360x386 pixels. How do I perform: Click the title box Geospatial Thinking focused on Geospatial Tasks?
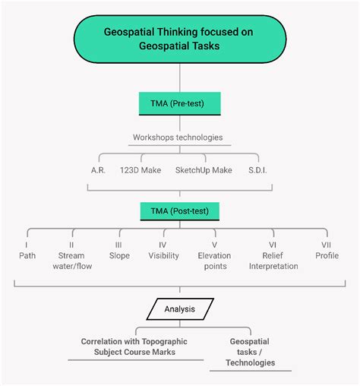pyautogui.click(x=180, y=39)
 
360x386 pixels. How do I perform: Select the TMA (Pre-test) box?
pyautogui.click(x=180, y=103)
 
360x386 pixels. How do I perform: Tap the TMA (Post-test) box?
pyautogui.click(x=180, y=211)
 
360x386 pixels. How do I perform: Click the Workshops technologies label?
pyautogui.click(x=178, y=138)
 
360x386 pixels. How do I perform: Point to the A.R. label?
pyautogui.click(x=98, y=170)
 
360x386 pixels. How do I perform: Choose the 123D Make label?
pyautogui.click(x=141, y=170)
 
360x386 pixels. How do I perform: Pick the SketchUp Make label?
pyautogui.click(x=204, y=170)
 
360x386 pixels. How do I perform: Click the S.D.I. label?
pyautogui.click(x=257, y=170)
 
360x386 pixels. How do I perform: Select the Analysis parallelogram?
pyautogui.click(x=180, y=309)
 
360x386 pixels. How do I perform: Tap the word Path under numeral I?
pyautogui.click(x=27, y=255)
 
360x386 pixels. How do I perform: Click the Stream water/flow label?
pyautogui.click(x=72, y=261)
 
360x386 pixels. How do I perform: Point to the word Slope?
pyautogui.click(x=119, y=255)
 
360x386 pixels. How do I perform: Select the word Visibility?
pyautogui.click(x=163, y=255)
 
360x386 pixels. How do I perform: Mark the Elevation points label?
pyautogui.click(x=215, y=261)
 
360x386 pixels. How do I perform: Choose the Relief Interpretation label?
pyautogui.click(x=273, y=261)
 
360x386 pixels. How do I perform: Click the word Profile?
pyautogui.click(x=327, y=255)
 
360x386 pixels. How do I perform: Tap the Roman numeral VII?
pyautogui.click(x=326, y=245)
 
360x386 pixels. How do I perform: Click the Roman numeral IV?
pyautogui.click(x=163, y=245)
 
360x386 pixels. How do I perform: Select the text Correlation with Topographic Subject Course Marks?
pyautogui.click(x=134, y=346)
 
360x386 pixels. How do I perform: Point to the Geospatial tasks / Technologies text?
pyautogui.click(x=250, y=352)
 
